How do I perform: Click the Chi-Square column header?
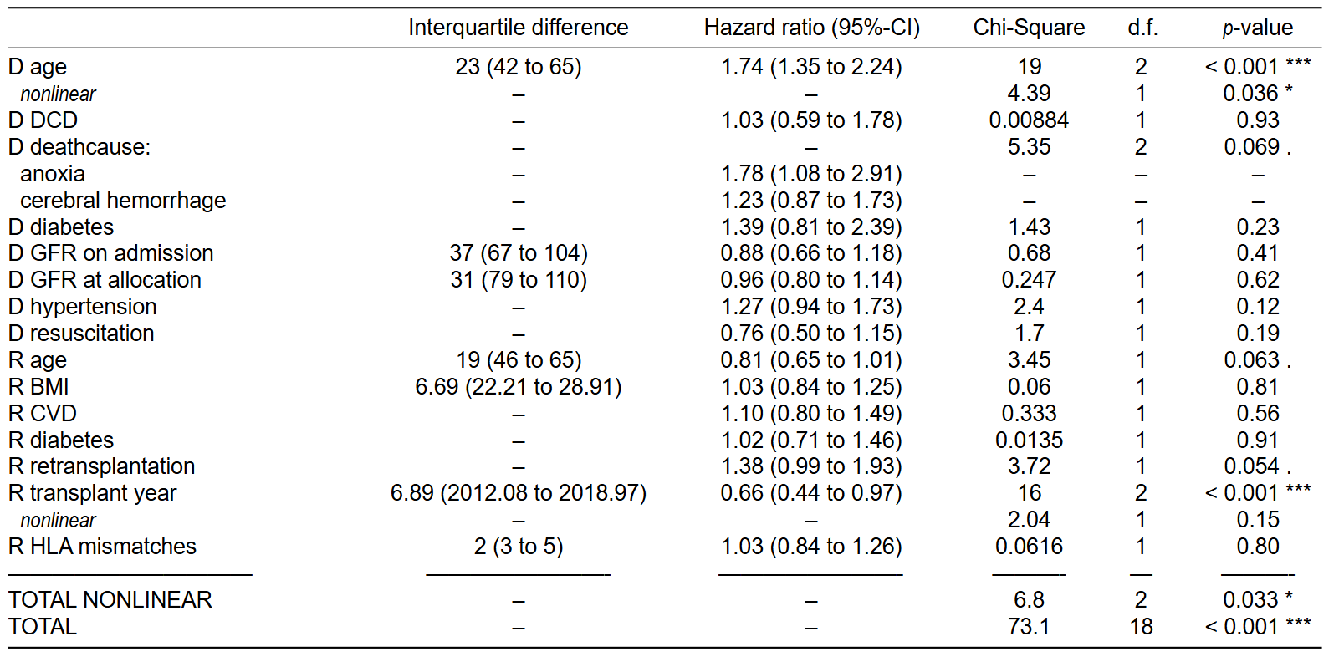1029,28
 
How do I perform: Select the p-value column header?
1258,28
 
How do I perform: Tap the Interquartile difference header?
519,28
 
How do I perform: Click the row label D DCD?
43,120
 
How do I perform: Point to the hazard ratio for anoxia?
811,174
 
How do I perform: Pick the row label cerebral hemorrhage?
123,201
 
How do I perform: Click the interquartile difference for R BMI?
519,387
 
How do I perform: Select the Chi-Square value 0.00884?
1029,120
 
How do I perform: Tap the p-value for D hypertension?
1258,307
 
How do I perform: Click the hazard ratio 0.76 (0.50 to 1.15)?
811,333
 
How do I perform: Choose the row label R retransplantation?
102,466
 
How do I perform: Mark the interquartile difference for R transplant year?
519,493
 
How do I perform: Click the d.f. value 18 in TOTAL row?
1141,626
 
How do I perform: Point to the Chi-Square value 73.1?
1029,626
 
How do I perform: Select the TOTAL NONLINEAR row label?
110,599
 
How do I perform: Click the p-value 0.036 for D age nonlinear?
1258,93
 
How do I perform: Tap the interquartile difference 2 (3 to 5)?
519,547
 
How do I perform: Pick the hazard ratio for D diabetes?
811,227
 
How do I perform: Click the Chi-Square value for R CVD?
1029,413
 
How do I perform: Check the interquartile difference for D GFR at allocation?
519,280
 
